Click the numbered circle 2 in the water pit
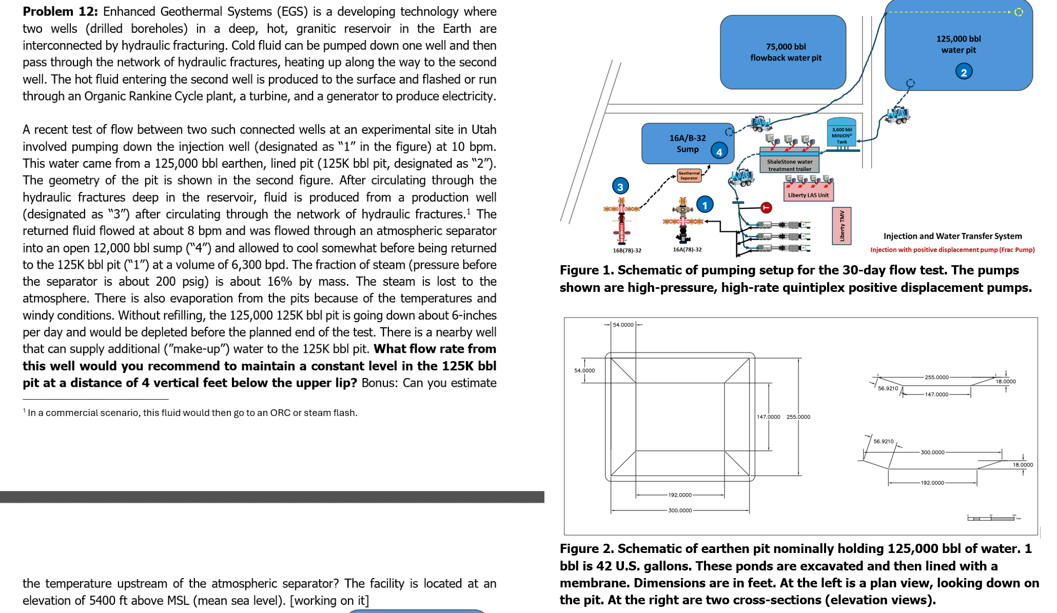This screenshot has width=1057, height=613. [x=964, y=72]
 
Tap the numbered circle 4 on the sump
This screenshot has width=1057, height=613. [x=719, y=152]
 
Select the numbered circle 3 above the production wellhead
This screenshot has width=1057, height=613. [x=620, y=187]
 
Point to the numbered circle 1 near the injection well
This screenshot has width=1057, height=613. [x=704, y=205]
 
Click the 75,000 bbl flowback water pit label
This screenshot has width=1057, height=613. [x=786, y=52]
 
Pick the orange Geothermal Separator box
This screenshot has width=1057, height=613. [x=689, y=175]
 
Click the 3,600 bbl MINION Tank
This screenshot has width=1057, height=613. [x=841, y=134]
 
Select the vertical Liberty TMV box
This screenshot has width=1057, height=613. [x=841, y=226]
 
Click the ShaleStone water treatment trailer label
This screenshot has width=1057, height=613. [x=789, y=165]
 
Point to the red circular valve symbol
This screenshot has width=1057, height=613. [x=766, y=207]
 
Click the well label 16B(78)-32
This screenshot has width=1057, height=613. [x=627, y=250]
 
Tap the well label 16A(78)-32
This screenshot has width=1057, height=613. [x=687, y=249]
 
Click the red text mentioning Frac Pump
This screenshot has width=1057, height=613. [x=952, y=250]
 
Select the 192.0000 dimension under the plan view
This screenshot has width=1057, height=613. [x=680, y=495]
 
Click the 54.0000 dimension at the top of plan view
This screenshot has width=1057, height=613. [x=623, y=325]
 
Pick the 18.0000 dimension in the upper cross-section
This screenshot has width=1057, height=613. [x=1006, y=382]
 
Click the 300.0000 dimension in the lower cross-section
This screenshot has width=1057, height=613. [x=932, y=452]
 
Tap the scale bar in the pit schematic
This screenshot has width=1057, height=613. [x=993, y=518]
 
